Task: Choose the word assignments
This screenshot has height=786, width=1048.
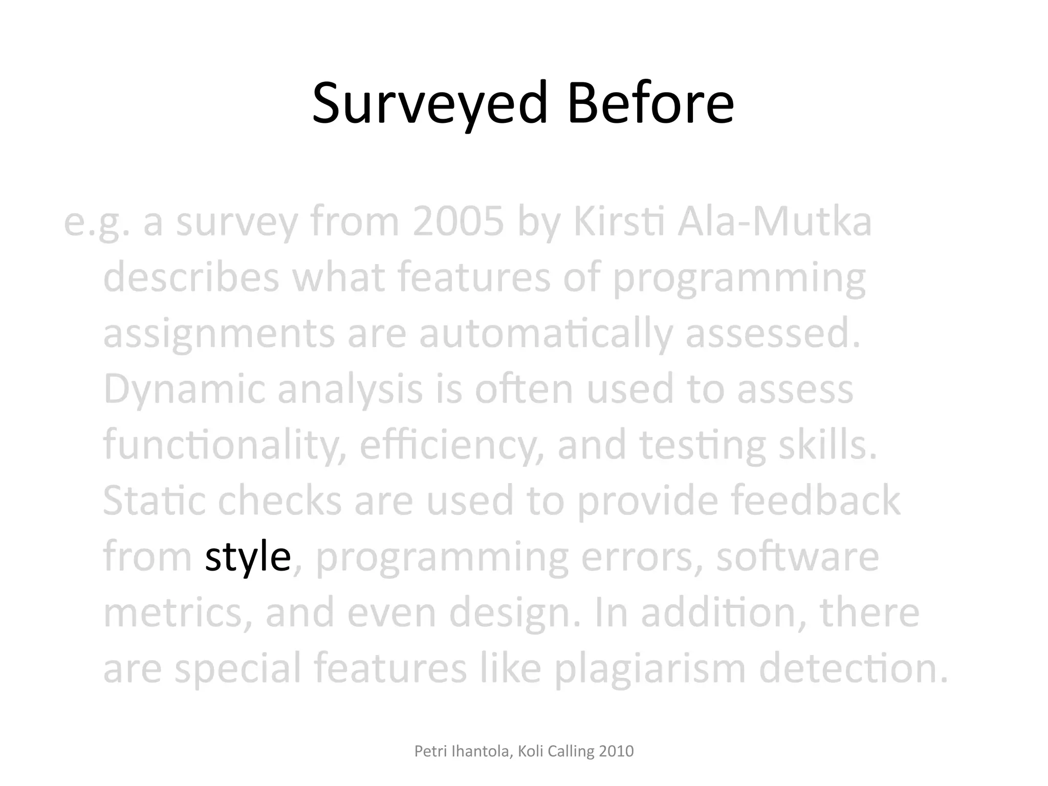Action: tap(219, 334)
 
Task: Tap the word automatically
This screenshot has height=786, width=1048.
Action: tap(545, 334)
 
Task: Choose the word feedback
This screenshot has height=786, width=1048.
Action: tap(815, 500)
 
